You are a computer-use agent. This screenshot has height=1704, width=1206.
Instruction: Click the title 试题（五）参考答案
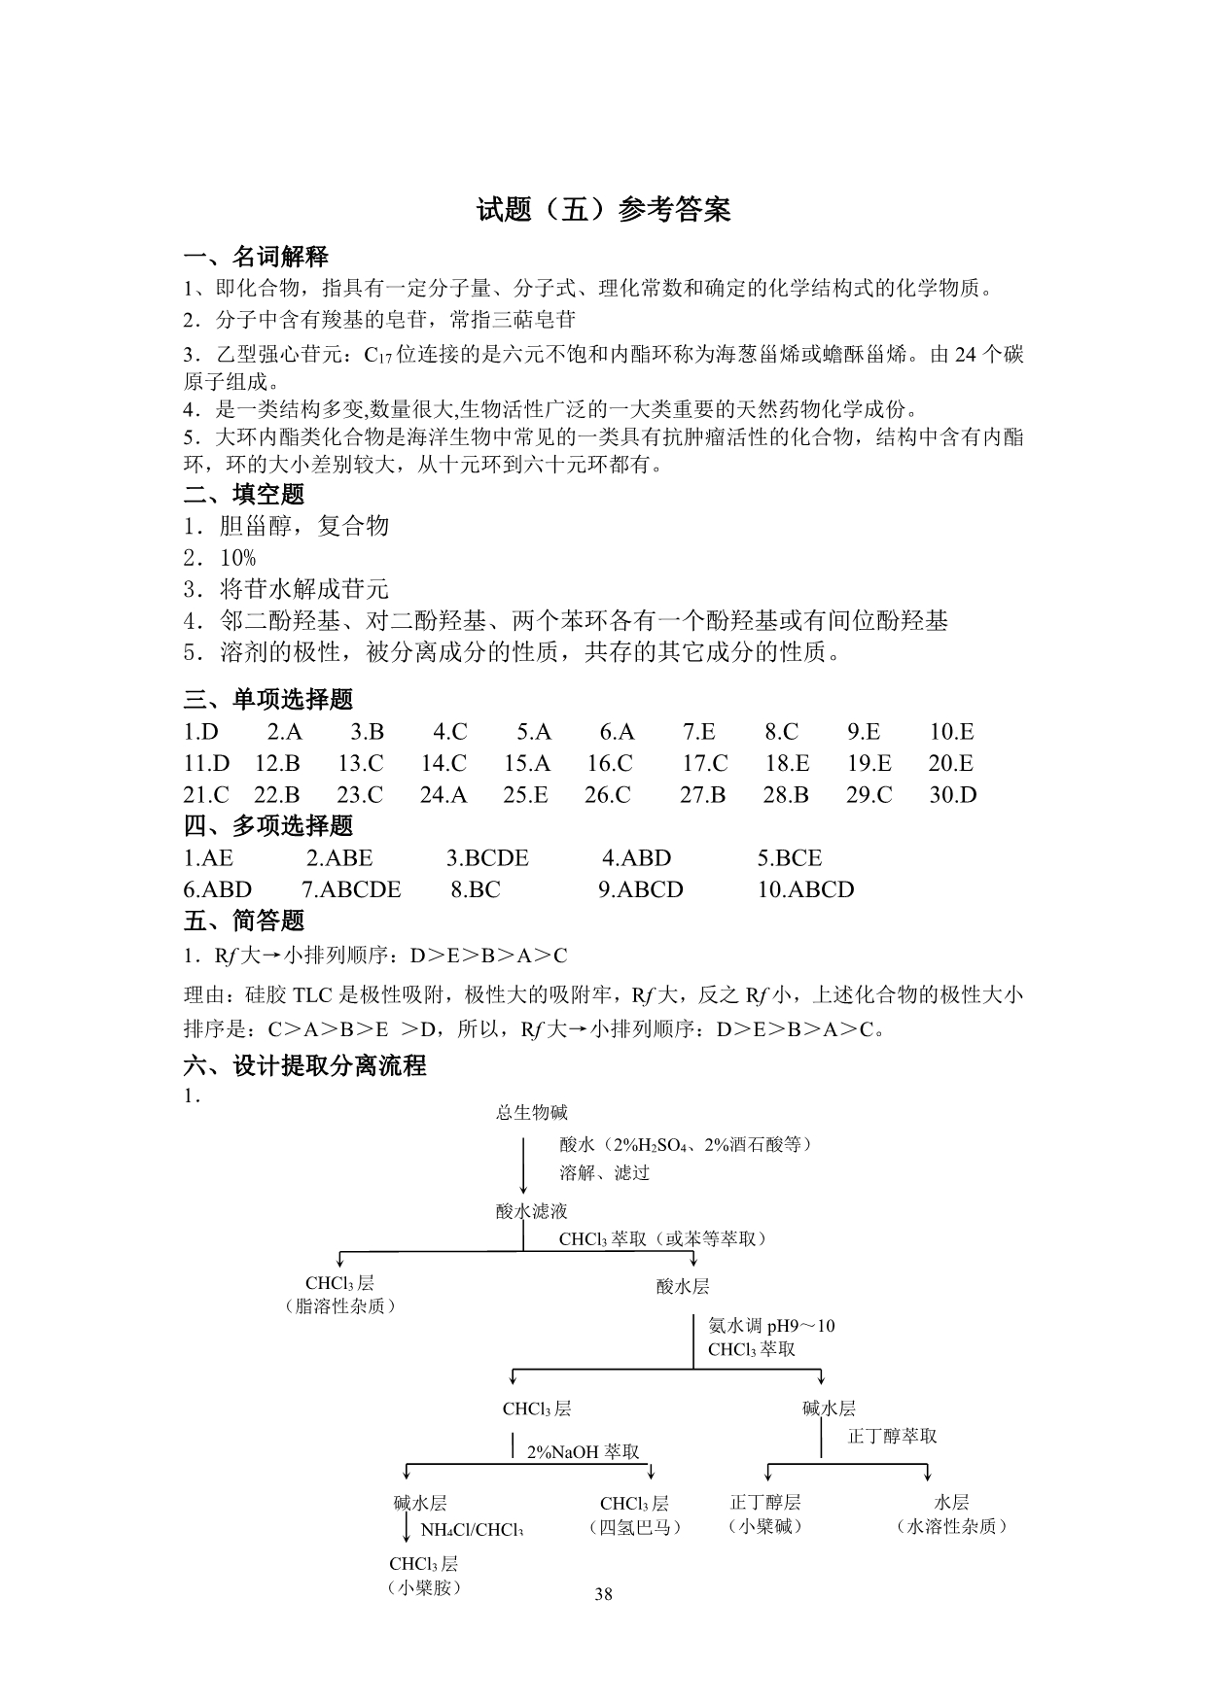pyautogui.click(x=603, y=210)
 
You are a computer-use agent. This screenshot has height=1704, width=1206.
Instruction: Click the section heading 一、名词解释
pyautogui.click(x=256, y=257)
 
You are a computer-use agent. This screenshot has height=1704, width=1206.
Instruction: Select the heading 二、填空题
pyautogui.click(x=244, y=494)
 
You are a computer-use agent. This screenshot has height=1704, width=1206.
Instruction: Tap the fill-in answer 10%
pyautogui.click(x=237, y=558)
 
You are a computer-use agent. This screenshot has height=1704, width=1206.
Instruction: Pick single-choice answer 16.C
pyautogui.click(x=610, y=763)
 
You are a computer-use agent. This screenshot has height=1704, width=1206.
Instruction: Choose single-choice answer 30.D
pyautogui.click(x=952, y=795)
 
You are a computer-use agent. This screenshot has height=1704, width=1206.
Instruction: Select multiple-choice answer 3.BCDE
pyautogui.click(x=487, y=858)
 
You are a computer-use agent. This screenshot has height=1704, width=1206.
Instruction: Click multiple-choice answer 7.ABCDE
pyautogui.click(x=351, y=889)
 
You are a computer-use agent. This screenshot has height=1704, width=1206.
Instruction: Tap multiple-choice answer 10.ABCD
pyautogui.click(x=805, y=889)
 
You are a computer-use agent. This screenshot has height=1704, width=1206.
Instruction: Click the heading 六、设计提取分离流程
pyautogui.click(x=305, y=1065)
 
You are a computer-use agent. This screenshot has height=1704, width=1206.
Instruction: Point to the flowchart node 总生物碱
pyautogui.click(x=531, y=1112)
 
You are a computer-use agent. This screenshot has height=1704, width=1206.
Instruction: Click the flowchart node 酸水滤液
pyautogui.click(x=531, y=1211)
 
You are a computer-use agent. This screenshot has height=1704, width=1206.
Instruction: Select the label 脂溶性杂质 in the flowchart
pyautogui.click(x=339, y=1306)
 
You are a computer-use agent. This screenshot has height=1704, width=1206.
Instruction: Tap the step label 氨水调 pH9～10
pyautogui.click(x=771, y=1326)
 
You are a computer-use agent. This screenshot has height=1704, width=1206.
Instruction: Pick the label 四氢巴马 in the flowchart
pyautogui.click(x=634, y=1527)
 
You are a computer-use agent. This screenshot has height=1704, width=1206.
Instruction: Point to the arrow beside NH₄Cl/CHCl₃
pyautogui.click(x=407, y=1528)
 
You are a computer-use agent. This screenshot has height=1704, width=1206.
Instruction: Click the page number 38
pyautogui.click(x=603, y=1593)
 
